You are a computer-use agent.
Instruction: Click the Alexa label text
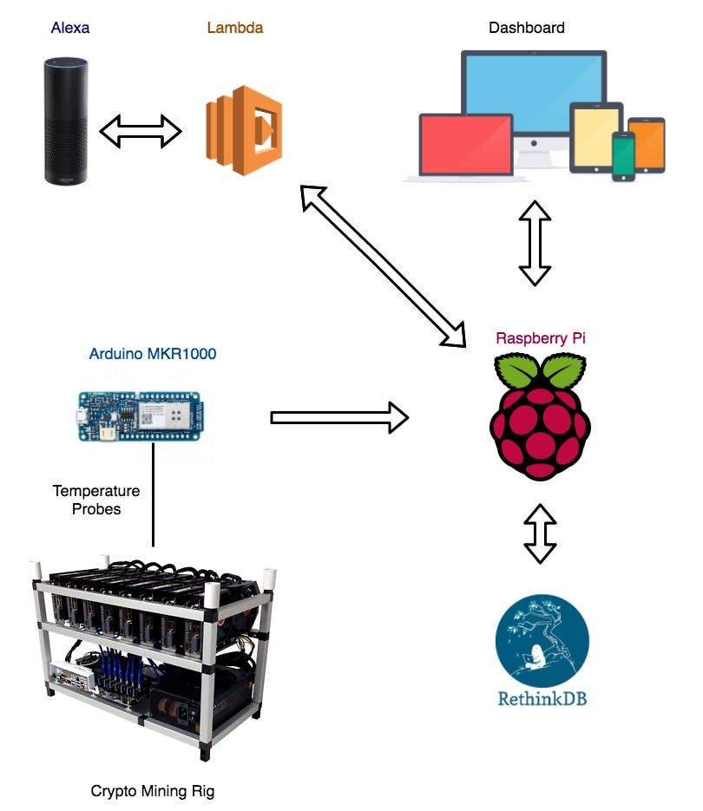[70, 28]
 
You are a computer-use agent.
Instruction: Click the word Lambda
[234, 28]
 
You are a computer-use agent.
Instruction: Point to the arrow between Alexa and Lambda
[141, 132]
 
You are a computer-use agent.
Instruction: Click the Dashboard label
[526, 28]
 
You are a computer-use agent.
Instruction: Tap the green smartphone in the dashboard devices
[623, 156]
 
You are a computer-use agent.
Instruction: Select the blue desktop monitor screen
[533, 92]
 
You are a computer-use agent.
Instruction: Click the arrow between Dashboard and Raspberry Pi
[535, 244]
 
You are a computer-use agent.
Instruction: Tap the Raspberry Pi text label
[540, 338]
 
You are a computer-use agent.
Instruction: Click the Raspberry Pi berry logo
[540, 412]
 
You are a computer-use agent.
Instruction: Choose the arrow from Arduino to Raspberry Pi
[339, 417]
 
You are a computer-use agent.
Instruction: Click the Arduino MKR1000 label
[153, 354]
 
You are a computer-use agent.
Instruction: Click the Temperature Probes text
[96, 500]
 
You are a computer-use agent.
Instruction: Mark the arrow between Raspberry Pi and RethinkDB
[540, 533]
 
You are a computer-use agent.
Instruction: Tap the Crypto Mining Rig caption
[152, 791]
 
